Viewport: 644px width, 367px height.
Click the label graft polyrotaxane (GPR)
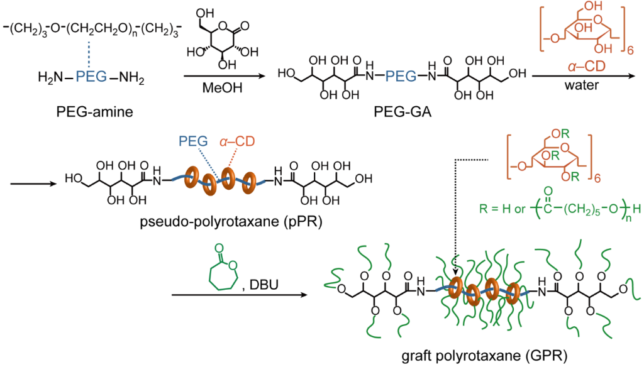[484, 356]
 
